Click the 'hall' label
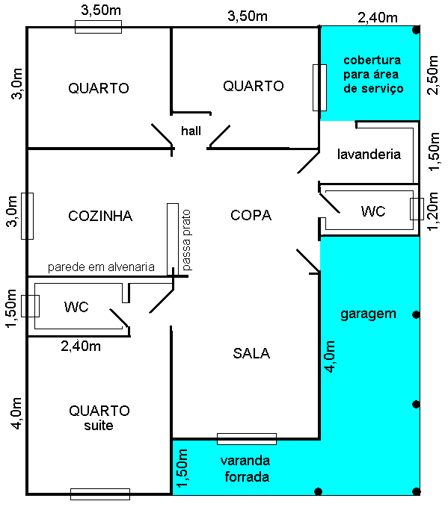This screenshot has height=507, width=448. click(191, 131)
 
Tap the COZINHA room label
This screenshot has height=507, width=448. click(99, 217)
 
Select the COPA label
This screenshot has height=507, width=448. click(251, 215)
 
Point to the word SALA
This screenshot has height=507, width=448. click(251, 353)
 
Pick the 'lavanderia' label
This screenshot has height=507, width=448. click(369, 155)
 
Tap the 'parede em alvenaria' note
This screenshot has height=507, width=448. click(101, 267)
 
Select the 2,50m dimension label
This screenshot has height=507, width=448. click(432, 74)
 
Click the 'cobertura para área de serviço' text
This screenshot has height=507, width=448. click(372, 74)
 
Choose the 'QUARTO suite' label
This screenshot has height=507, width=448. click(99, 417)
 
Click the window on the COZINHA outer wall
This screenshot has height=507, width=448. click(28, 216)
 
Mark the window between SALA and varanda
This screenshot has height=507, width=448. click(246, 438)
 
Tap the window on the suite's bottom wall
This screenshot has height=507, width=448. click(99, 494)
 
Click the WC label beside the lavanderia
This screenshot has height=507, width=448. click(372, 212)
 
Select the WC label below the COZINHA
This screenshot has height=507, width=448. click(76, 307)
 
